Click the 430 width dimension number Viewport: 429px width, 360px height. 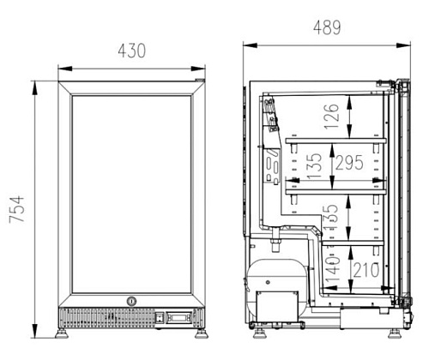(132, 51)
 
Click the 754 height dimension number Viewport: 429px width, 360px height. (16, 209)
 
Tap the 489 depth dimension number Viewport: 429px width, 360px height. (327, 27)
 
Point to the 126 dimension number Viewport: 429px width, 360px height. (331, 116)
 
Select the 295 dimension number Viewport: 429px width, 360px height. (349, 163)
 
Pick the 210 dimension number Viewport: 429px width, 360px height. (366, 270)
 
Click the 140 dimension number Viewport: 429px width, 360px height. (333, 269)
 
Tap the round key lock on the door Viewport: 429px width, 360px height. (131, 301)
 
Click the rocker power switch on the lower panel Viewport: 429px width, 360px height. (160, 318)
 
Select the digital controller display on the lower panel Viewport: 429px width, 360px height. (179, 317)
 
